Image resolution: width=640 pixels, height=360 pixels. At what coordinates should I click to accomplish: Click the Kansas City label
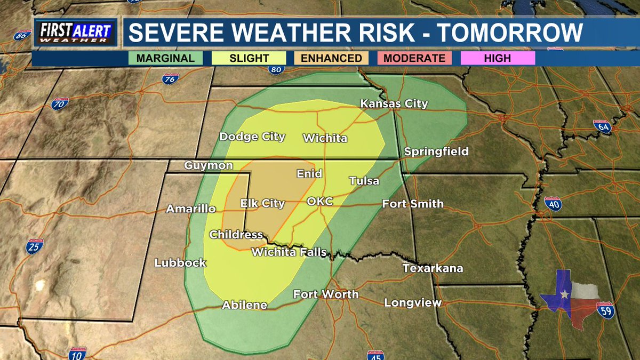coord(394,103)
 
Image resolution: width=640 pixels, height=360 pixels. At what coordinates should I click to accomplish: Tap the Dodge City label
coord(252,137)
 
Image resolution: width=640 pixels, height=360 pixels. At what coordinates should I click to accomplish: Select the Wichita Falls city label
coord(289,252)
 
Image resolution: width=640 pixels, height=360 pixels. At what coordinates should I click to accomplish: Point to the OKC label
coord(320,201)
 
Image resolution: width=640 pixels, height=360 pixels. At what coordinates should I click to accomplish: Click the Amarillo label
coord(190,209)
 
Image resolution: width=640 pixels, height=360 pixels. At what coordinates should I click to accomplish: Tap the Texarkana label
coord(433,268)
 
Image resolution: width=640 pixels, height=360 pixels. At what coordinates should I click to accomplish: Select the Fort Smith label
coord(413,203)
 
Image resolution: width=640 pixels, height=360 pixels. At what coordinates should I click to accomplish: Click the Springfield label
coord(436,151)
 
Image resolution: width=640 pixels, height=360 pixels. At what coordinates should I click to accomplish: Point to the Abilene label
coord(244,305)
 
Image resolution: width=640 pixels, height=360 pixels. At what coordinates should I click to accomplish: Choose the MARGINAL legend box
coord(165,58)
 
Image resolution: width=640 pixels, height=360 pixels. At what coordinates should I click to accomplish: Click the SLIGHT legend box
coord(249,58)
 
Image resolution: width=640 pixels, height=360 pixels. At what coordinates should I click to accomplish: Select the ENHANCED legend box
coord(331,58)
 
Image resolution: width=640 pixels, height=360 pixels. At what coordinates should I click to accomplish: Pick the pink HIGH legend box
coord(497,58)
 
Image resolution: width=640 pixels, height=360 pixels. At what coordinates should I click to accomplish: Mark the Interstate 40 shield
coord(553,203)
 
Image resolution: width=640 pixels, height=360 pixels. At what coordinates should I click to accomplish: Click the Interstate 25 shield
coord(35,246)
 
